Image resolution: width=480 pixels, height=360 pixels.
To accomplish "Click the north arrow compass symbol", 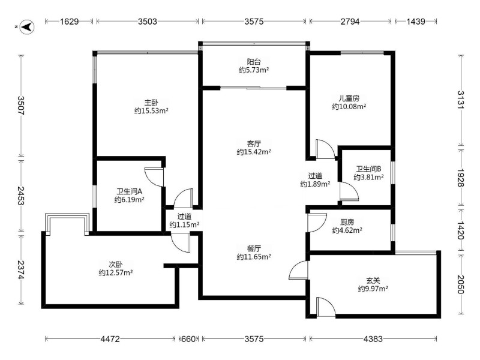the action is pyautogui.click(x=27, y=27).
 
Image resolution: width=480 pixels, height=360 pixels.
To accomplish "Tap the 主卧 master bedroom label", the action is pyautogui.click(x=152, y=102).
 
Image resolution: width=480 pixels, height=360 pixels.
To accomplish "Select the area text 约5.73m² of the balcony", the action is pyautogui.click(x=254, y=70).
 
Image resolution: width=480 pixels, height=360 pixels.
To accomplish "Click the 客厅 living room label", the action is pyautogui.click(x=254, y=143).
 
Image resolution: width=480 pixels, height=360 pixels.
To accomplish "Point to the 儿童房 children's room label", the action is pyautogui.click(x=349, y=98).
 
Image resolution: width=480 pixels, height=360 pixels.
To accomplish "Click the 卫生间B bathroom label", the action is pyautogui.click(x=368, y=169).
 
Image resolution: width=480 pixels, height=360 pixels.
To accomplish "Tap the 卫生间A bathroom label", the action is pyautogui.click(x=129, y=191).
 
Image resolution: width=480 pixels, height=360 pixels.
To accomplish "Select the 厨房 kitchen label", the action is pyautogui.click(x=347, y=222).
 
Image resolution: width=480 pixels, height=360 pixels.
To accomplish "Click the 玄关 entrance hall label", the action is pyautogui.click(x=373, y=280).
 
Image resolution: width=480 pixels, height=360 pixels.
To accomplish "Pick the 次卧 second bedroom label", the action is pyautogui.click(x=116, y=264).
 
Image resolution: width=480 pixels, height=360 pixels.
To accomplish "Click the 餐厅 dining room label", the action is pyautogui.click(x=254, y=248).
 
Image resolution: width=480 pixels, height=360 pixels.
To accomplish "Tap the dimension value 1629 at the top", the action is pyautogui.click(x=69, y=22).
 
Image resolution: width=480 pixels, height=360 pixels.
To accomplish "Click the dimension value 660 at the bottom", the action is pyautogui.click(x=188, y=339).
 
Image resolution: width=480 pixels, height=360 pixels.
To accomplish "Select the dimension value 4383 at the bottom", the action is pyautogui.click(x=373, y=339).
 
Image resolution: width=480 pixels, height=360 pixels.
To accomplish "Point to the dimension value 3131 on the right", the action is pyautogui.click(x=461, y=100).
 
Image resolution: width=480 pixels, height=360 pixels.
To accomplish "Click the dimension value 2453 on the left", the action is pyautogui.click(x=21, y=196).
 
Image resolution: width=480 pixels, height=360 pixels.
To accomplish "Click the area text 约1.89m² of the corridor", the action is pyautogui.click(x=315, y=184).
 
